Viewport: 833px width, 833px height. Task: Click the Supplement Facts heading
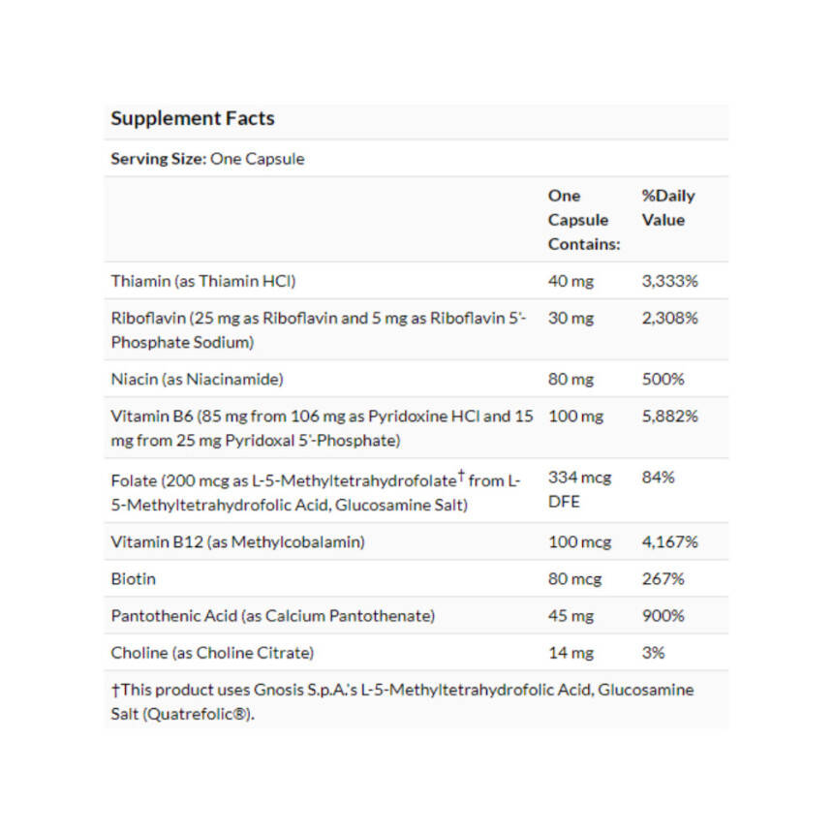[192, 119]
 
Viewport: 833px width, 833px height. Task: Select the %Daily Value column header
[667, 207]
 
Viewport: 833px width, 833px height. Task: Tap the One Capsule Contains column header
[583, 220]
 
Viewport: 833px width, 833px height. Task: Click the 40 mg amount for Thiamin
[571, 282]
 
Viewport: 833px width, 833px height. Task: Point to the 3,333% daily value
[669, 282]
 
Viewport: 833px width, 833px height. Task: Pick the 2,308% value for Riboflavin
[669, 318]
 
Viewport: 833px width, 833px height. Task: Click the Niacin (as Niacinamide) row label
[197, 379]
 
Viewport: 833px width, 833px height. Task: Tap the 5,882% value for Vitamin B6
[669, 416]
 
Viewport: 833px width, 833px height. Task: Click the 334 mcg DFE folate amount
[579, 489]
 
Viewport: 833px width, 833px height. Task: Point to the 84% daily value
[658, 478]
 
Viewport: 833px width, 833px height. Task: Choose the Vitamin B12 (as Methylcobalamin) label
[237, 542]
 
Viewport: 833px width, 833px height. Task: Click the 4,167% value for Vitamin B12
[669, 542]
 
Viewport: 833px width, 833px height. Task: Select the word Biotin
[133, 579]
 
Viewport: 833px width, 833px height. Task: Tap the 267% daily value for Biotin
[663, 579]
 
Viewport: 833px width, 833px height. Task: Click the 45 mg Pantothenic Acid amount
[571, 616]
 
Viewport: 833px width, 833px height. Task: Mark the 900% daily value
[663, 616]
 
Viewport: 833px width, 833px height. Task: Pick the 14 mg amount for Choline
[571, 653]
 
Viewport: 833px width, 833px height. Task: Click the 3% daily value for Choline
[653, 653]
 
